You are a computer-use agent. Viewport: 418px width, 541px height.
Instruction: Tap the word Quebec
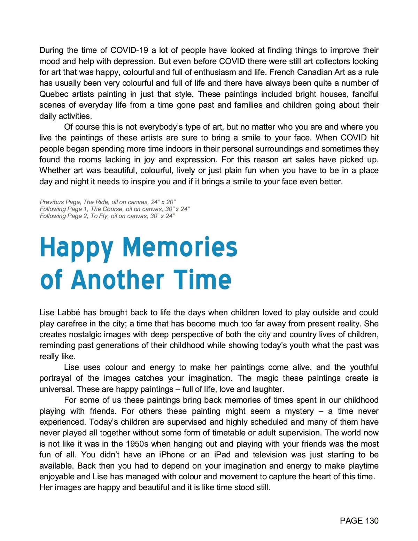pyautogui.click(x=54, y=94)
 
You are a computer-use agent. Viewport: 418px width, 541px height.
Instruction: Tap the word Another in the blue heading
pyautogui.click(x=117, y=280)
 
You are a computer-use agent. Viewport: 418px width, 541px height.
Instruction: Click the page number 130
pyautogui.click(x=372, y=521)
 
